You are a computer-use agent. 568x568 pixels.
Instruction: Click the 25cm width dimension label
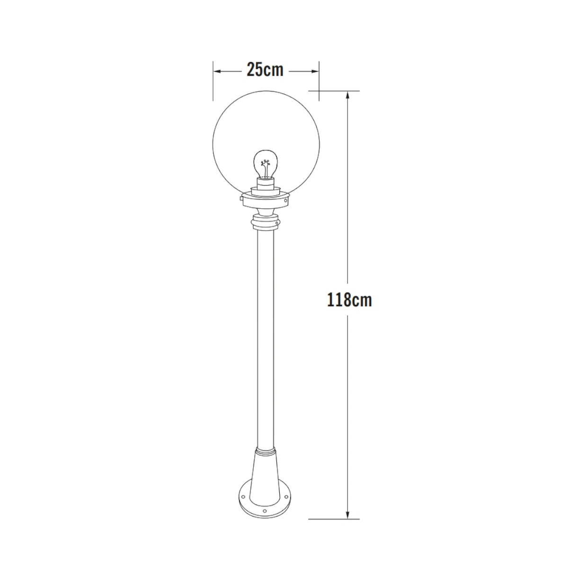265,70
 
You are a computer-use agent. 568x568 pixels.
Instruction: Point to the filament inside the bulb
266,169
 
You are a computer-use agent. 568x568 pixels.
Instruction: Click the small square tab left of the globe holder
241,200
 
